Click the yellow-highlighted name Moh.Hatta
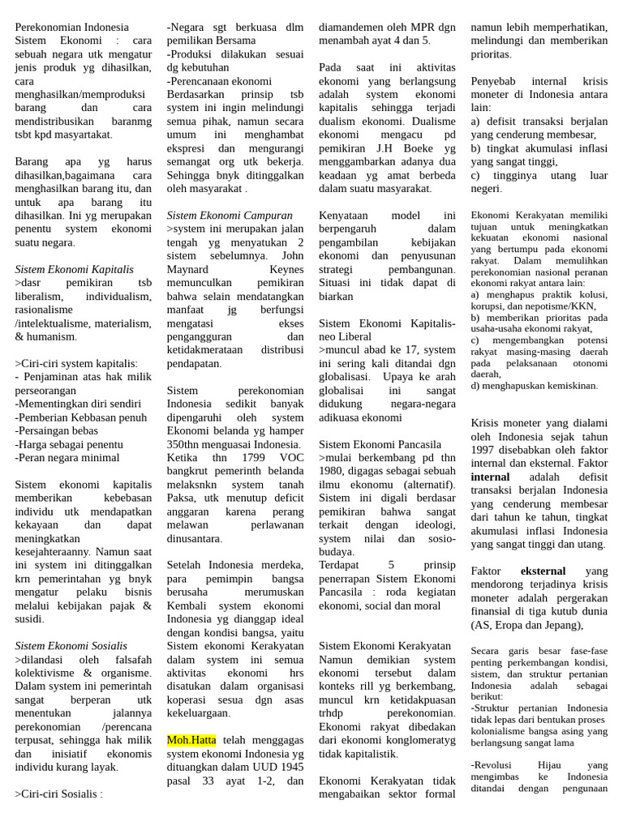(x=191, y=740)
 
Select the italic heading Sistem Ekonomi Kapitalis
(x=74, y=268)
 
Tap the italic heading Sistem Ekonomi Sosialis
(x=71, y=645)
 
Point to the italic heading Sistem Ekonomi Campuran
(x=230, y=215)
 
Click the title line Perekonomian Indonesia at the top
(x=71, y=27)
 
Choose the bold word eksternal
(x=543, y=571)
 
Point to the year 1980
(x=333, y=471)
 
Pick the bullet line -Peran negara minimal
(x=67, y=457)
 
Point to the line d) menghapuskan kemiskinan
(x=534, y=385)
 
